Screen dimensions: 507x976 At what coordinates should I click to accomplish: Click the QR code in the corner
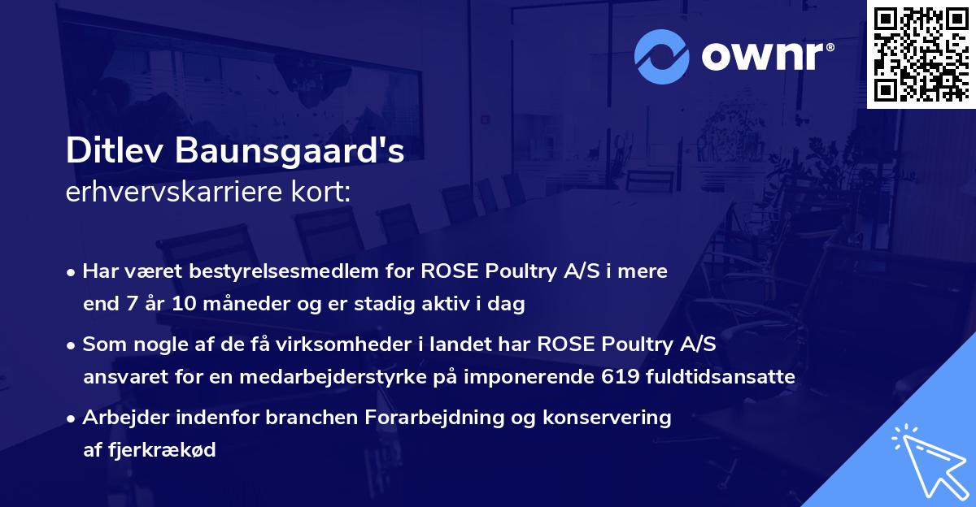tap(922, 54)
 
